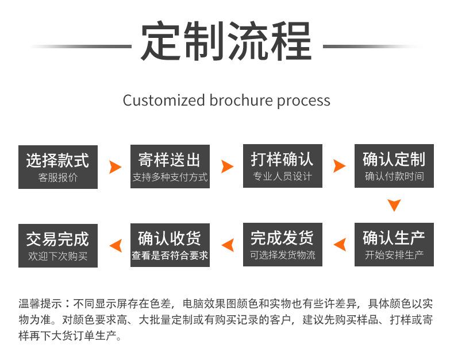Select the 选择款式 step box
point(58,167)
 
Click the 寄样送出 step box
point(170,167)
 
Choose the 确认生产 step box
point(394,245)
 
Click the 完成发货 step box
point(282,245)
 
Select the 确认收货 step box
point(170,245)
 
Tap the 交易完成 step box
point(58,245)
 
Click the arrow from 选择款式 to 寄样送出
point(115,167)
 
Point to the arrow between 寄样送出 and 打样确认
point(228,167)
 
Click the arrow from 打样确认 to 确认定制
point(340,167)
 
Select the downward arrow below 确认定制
point(394,205)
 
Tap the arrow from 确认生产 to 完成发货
point(340,245)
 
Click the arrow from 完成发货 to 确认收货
point(228,245)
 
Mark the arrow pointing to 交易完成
point(116,245)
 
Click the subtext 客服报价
point(58,177)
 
